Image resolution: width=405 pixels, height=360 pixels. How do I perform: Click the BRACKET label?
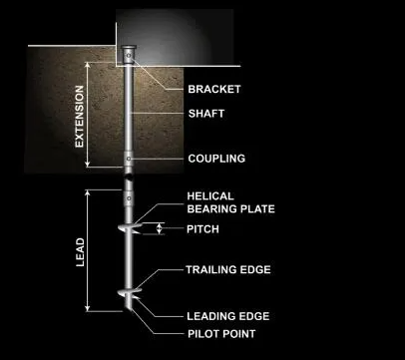point(214,89)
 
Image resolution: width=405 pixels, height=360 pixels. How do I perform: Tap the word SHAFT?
point(206,113)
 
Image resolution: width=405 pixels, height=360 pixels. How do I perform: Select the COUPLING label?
point(215,159)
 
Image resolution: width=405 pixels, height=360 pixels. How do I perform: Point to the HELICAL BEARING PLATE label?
point(230,202)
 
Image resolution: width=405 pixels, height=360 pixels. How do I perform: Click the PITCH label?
point(202,229)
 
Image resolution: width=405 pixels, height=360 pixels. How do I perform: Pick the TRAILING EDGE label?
point(227,269)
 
